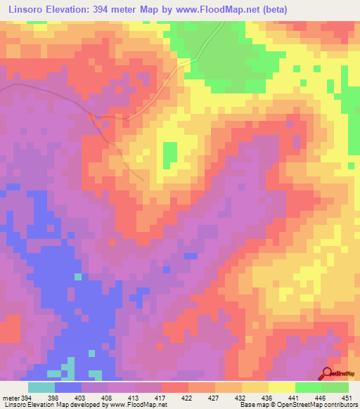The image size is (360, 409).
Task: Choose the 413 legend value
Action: click(135, 398)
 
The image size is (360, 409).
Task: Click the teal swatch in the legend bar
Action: click(41, 387)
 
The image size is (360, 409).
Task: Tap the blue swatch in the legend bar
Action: click(68, 387)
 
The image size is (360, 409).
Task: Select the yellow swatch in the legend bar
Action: click(281, 387)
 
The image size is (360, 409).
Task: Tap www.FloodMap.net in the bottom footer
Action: click(134, 405)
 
